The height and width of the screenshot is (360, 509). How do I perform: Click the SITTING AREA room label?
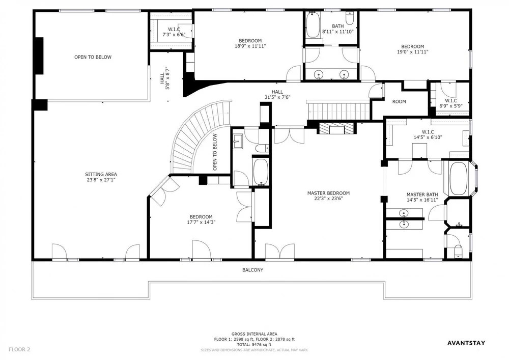pos(101,174)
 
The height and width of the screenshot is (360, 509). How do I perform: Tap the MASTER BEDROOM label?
pos(328,193)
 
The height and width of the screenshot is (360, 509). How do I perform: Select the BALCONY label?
pos(253,270)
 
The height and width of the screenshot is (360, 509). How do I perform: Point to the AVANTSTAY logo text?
pos(466,343)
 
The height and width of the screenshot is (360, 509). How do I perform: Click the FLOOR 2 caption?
pos(19,350)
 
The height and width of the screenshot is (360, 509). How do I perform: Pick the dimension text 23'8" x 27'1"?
pos(101,180)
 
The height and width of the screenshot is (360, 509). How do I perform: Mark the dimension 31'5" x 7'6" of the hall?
pos(277,97)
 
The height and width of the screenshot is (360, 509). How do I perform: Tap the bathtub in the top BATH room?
pos(313,25)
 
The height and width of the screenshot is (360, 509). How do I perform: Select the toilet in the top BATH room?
pos(350,19)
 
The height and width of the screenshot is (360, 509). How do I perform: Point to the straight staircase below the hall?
pos(338,111)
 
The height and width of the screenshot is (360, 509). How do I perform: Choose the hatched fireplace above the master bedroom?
pos(336,128)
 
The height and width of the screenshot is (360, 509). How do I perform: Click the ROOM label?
pos(399,102)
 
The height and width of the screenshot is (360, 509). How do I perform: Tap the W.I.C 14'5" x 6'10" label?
pos(428,135)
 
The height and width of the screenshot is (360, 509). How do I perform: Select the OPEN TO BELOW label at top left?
pos(93,57)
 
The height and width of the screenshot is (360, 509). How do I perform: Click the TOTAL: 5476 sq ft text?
pos(254,345)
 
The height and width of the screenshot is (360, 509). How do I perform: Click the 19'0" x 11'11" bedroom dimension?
pos(413,52)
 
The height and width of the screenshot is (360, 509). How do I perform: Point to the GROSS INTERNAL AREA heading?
pos(254,334)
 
